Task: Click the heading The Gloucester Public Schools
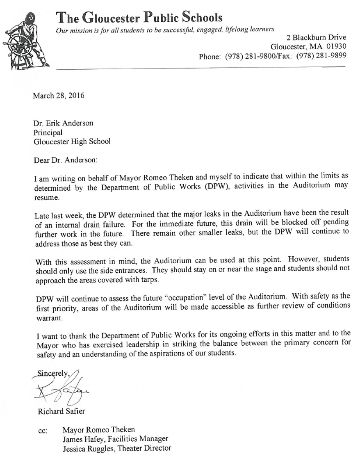pyautogui.click(x=139, y=17)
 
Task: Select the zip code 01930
pyautogui.click(x=334, y=46)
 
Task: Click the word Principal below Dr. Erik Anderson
pyautogui.click(x=48, y=132)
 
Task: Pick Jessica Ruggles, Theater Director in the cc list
pyautogui.click(x=117, y=448)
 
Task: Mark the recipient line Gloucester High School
pyautogui.click(x=72, y=141)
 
